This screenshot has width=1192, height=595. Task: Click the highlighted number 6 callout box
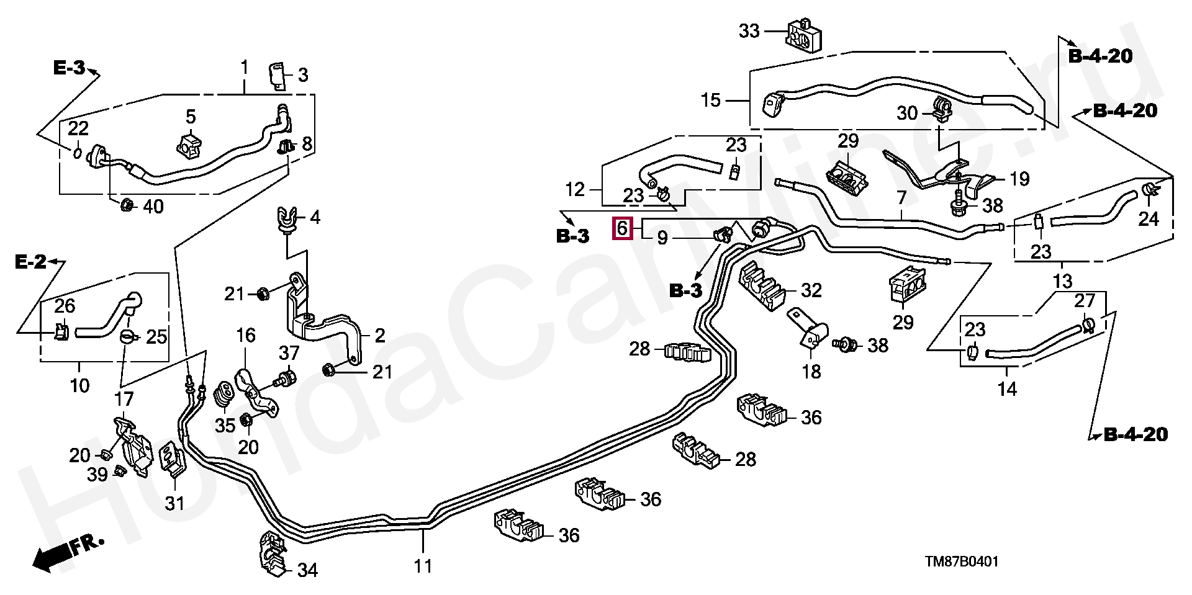[x=623, y=228]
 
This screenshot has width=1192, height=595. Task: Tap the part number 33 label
[x=749, y=30]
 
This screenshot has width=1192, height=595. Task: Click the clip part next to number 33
[x=804, y=35]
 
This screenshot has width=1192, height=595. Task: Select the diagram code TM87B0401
[x=962, y=562]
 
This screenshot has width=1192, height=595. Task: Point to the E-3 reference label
[x=68, y=68]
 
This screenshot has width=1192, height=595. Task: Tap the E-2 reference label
[x=31, y=263]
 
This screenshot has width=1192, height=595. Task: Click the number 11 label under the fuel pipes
[x=423, y=566]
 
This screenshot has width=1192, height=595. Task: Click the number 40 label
[x=153, y=207]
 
